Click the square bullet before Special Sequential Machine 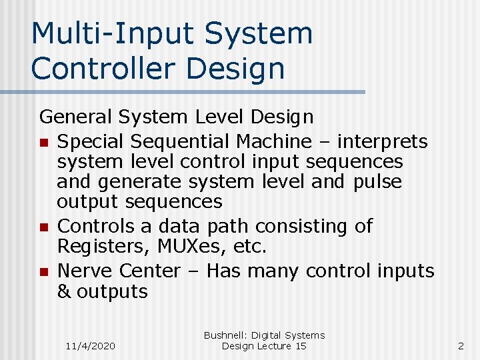point(43,143)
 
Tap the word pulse point(377,181)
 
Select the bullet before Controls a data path point(43,227)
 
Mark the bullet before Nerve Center point(43,272)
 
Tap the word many point(276,271)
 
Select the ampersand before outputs point(64,291)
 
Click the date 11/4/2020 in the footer point(91,346)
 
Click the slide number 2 point(461,345)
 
